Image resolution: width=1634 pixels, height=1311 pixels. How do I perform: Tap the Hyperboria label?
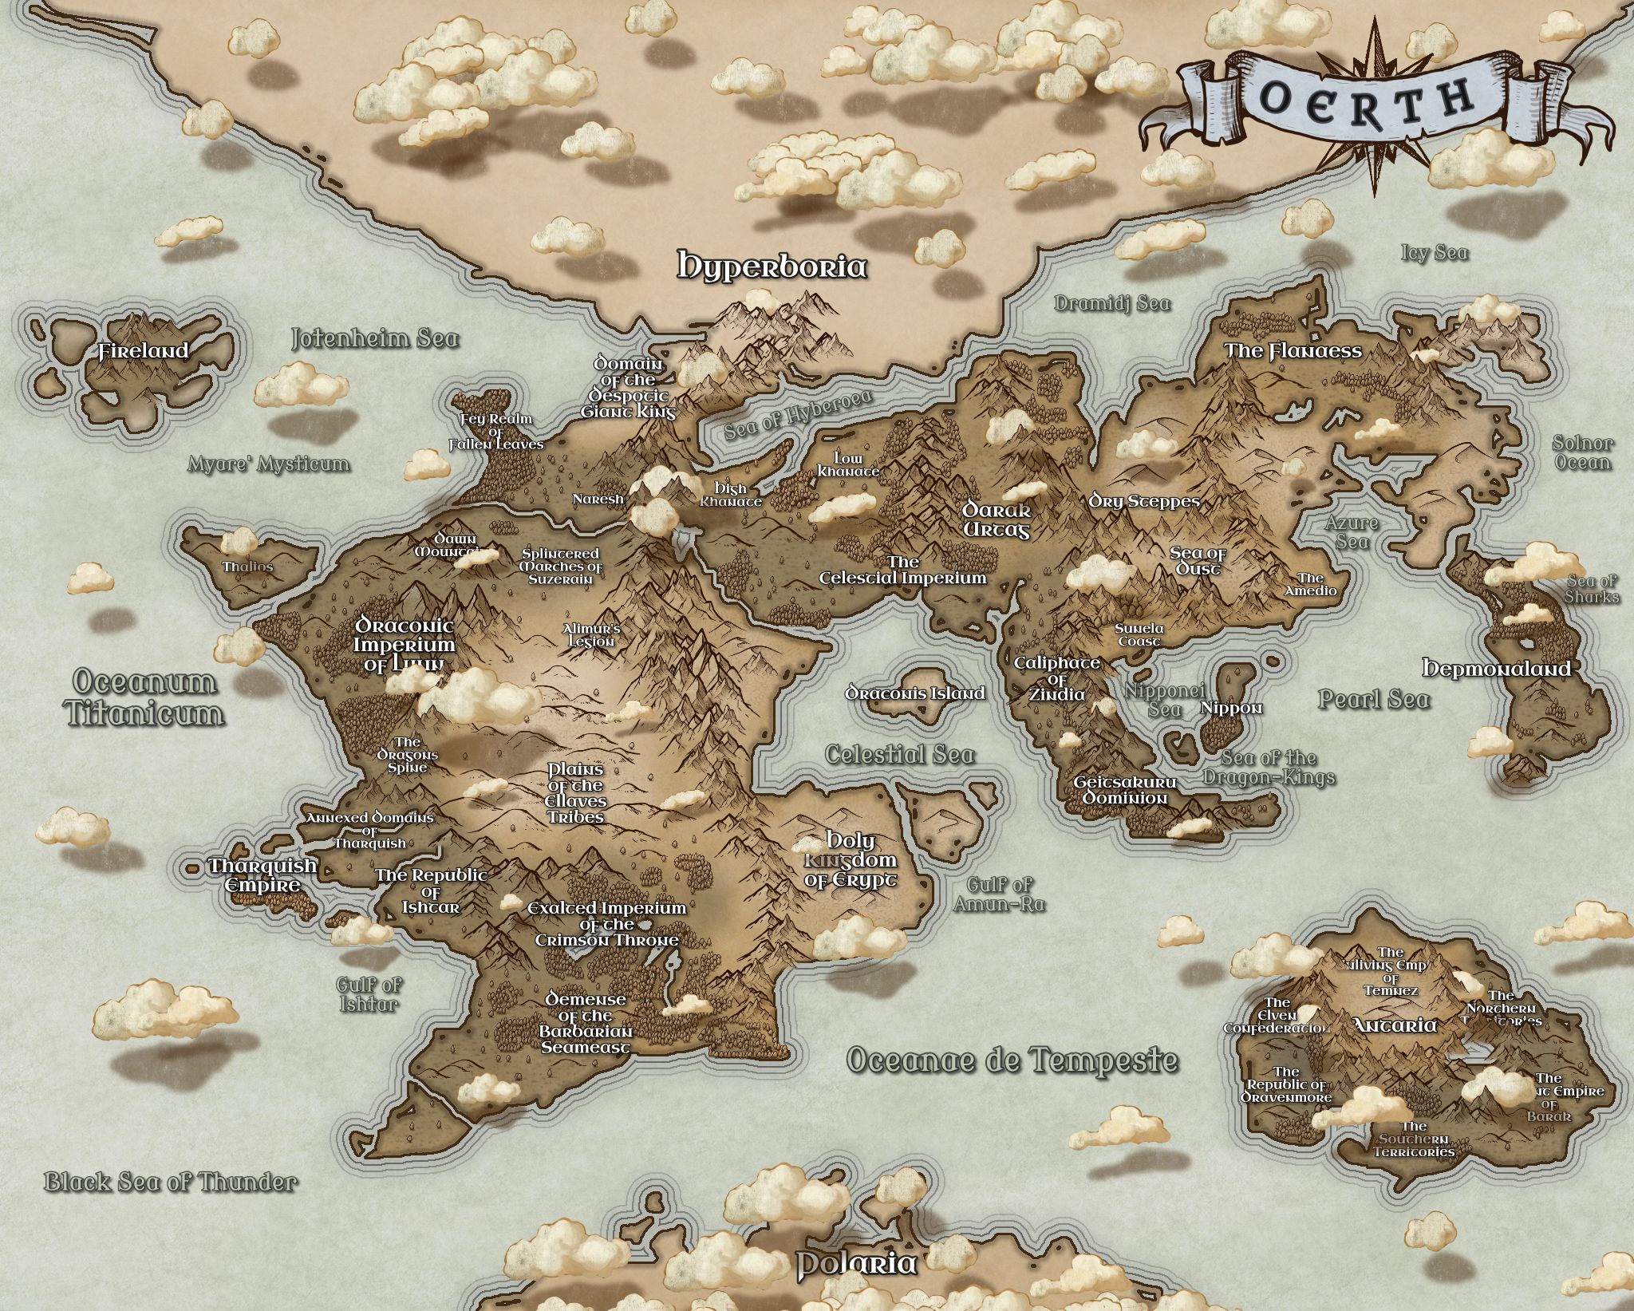tap(772, 266)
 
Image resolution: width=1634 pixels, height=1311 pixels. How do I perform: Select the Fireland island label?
tap(144, 351)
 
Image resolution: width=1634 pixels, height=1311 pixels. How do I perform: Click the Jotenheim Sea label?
tap(375, 338)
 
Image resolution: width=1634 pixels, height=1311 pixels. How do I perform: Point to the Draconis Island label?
tap(915, 693)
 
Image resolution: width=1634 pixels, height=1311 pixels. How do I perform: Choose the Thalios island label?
tap(247, 567)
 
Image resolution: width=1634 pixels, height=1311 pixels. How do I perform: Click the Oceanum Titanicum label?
tap(145, 697)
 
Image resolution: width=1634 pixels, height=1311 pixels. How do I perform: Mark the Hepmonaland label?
tap(1497, 668)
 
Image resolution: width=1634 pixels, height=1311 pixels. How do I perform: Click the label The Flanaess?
tap(1293, 351)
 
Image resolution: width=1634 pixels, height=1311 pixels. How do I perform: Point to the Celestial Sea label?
tap(899, 754)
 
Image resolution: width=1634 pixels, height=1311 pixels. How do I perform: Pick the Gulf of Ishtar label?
tap(369, 994)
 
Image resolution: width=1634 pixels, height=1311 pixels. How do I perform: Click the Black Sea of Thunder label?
tap(170, 1181)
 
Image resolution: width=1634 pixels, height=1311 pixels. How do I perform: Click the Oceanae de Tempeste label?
tap(1011, 1060)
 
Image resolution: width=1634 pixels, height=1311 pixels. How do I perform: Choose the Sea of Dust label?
tap(1197, 560)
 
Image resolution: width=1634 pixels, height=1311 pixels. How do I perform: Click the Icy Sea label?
tap(1435, 253)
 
